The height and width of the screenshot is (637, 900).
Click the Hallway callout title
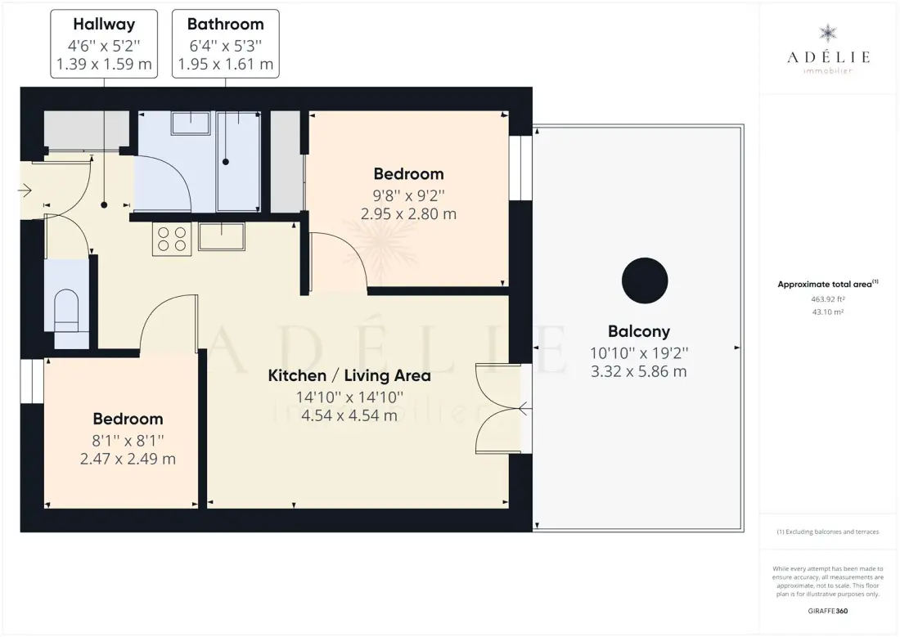click(104, 24)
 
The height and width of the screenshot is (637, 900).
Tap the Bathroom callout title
click(226, 24)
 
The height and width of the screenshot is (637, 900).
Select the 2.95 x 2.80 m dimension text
click(408, 214)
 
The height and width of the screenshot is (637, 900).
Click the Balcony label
click(639, 332)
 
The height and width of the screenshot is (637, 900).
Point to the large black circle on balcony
click(645, 280)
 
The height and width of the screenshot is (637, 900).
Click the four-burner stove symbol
click(172, 239)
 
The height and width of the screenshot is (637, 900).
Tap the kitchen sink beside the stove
click(222, 236)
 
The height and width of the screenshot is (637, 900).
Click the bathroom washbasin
click(191, 123)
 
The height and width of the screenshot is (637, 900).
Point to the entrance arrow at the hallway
click(25, 190)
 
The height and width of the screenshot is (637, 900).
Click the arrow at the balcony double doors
click(524, 409)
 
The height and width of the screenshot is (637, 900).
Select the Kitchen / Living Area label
click(349, 376)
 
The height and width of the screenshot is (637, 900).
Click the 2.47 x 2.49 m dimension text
click(128, 459)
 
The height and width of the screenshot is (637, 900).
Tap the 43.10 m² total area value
click(828, 312)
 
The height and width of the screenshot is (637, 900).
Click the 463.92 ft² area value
click(828, 299)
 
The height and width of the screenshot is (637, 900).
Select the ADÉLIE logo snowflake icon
click(828, 34)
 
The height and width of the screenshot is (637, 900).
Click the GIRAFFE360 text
click(828, 611)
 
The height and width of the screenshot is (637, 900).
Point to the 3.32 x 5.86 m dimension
click(639, 372)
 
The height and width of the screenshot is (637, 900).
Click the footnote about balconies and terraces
click(828, 532)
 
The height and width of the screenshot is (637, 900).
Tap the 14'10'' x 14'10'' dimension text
click(349, 397)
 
